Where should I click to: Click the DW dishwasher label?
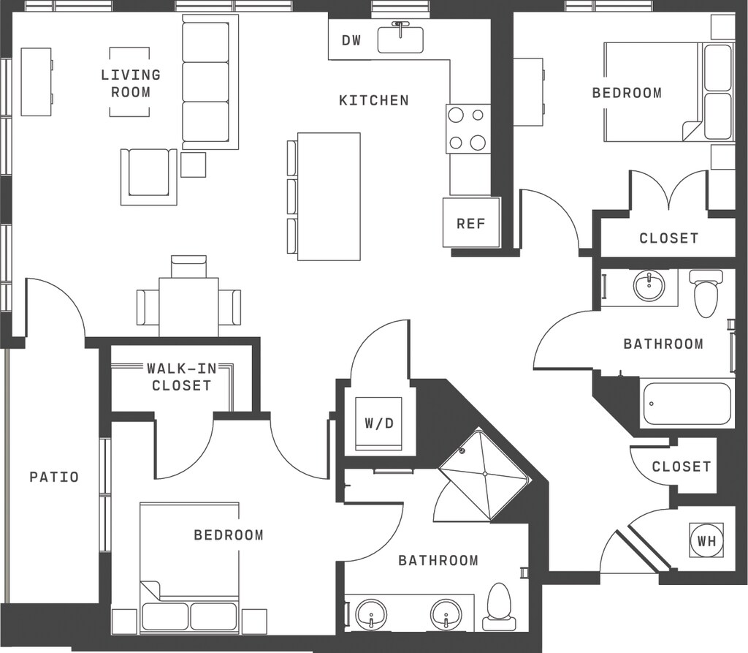pos(351,41)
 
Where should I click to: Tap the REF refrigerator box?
pos(471,222)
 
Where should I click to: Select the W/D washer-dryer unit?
pos(379,423)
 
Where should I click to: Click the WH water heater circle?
pos(706,540)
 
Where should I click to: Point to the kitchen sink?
pos(401,39)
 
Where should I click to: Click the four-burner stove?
pos(467,129)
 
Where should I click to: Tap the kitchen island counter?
pos(329,196)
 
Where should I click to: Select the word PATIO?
pos(54,477)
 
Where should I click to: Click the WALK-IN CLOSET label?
pos(182,377)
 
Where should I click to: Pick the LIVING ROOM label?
pos(131,83)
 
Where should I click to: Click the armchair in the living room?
pos(149,177)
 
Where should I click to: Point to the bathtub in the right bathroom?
pos(687,403)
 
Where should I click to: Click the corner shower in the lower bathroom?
pos(484,475)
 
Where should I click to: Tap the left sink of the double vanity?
pos(371,614)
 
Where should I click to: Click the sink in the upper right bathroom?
pos(649,286)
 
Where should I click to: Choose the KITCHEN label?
pos(374,100)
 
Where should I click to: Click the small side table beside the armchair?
pos(193,165)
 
